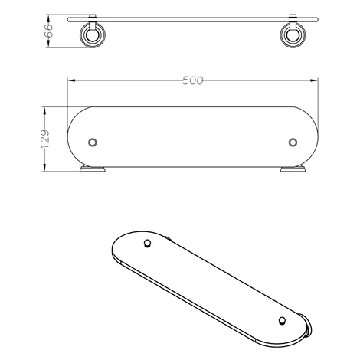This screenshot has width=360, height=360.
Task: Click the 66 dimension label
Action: pos(49,31)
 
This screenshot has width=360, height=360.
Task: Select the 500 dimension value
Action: pos(193,80)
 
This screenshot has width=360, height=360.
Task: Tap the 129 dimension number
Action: pos(45,139)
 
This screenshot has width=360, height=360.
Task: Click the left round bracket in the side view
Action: pos(93,35)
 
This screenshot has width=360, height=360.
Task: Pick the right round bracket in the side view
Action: pos(293,35)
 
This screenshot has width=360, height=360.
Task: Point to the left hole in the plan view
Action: pos(93,142)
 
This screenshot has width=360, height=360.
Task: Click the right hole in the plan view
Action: pos(293,142)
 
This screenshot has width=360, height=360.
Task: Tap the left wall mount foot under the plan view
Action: pos(93,169)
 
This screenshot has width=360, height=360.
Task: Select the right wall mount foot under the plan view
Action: pos(293,169)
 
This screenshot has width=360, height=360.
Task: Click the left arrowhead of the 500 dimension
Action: pos(70,80)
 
